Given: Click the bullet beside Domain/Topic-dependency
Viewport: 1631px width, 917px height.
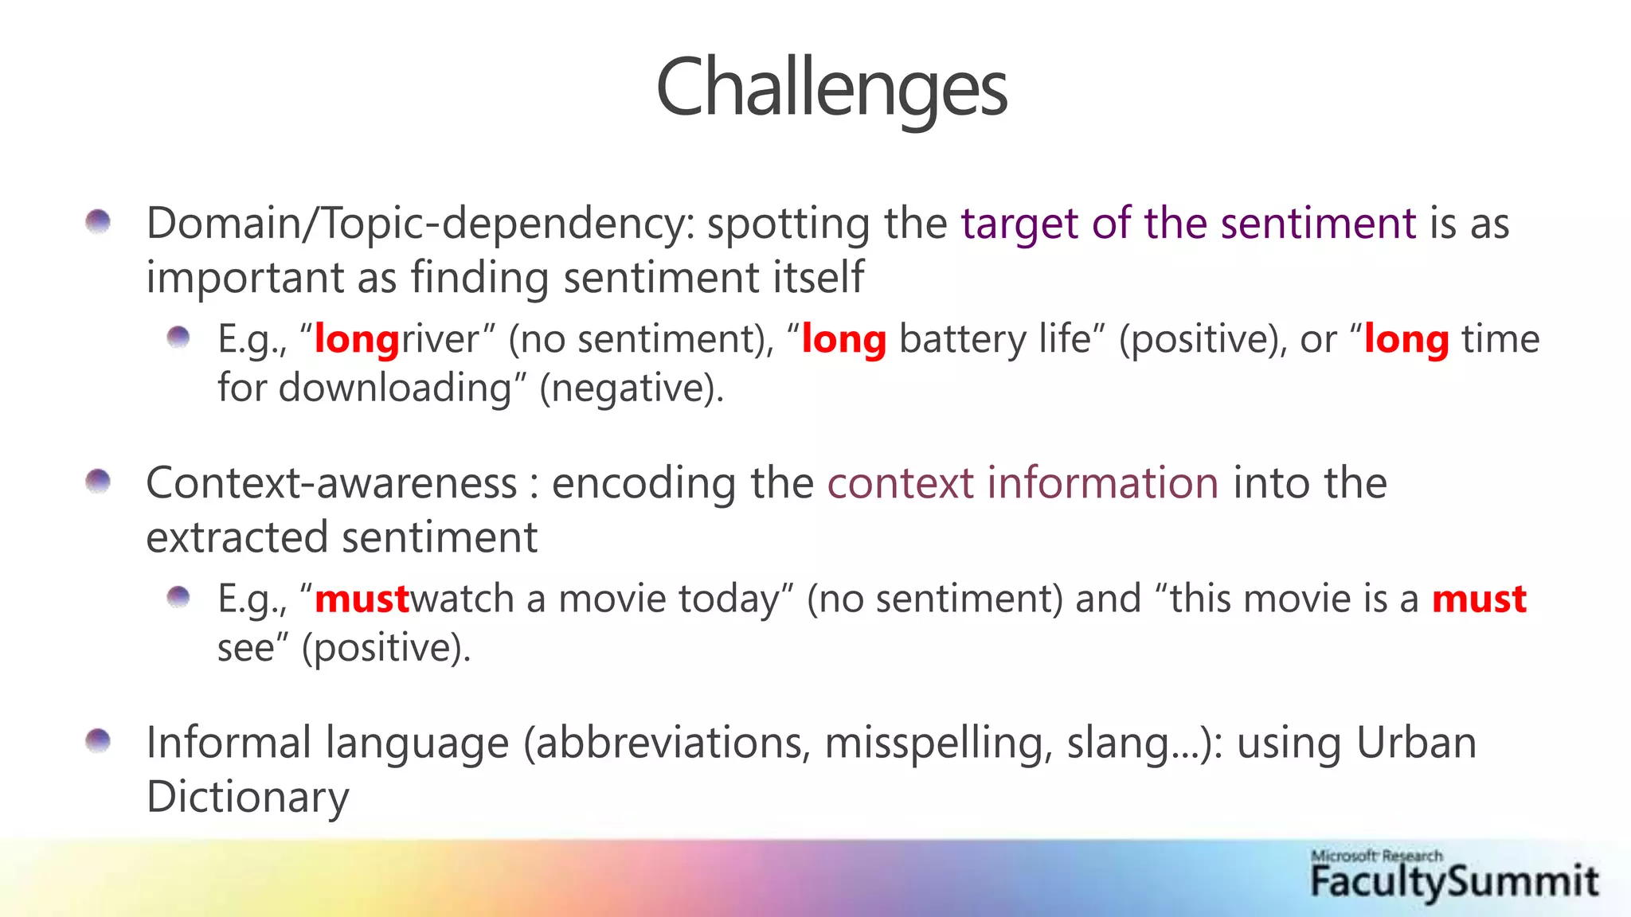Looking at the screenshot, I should coord(98,221).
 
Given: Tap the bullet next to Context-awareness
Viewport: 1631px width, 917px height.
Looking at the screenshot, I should coord(98,482).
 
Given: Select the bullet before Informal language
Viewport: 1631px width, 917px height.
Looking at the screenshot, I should coord(98,741).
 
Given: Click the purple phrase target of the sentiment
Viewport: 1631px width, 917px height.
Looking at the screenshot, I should coord(1188,223).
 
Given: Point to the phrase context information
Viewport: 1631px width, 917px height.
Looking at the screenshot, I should coord(1023,483).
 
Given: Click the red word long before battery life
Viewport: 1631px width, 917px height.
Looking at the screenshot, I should coord(843,339).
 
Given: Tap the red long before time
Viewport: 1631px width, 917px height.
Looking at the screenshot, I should coord(1406,339).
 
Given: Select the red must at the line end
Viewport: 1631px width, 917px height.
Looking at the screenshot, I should coord(1479,599).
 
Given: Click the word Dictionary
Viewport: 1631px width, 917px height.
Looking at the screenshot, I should coord(248,796).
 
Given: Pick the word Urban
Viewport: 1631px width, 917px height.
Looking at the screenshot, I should coord(1415,743).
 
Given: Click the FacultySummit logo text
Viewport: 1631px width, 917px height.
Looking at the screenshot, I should coord(1454,882).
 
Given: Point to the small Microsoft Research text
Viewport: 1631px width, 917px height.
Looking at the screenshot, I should coord(1376,856).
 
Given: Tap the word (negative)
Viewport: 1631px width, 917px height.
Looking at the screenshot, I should coord(631,388).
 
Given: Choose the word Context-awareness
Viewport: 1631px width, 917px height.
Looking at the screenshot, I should coord(331,483).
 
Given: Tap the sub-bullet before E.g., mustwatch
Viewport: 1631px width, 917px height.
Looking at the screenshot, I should coord(178,597).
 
